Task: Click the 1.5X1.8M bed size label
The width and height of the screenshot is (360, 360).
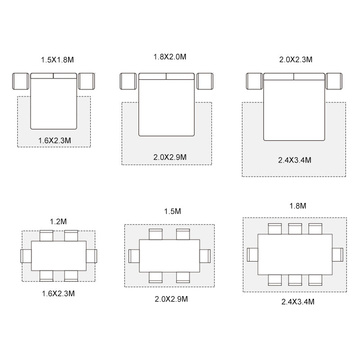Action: [58, 60]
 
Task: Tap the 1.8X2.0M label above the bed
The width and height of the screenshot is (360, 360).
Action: [170, 57]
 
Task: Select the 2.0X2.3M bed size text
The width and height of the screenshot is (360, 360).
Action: [296, 60]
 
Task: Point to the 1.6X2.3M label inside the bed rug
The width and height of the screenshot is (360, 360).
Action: [54, 140]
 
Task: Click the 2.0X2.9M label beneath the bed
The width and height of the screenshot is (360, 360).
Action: [170, 157]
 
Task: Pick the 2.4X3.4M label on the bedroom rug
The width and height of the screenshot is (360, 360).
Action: [295, 160]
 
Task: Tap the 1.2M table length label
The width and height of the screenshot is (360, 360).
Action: [58, 221]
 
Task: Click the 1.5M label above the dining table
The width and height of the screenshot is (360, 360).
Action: [172, 211]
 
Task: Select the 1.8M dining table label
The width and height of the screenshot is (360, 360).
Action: [298, 206]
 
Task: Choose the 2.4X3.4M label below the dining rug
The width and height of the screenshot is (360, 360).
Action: [298, 301]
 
